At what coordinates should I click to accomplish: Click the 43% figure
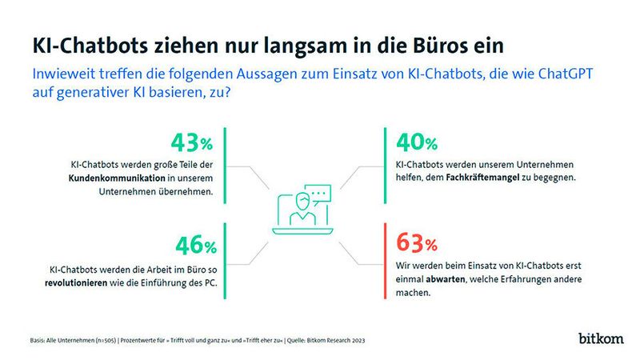(193, 144)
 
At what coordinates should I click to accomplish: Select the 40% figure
(417, 144)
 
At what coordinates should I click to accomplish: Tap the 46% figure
(193, 245)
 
